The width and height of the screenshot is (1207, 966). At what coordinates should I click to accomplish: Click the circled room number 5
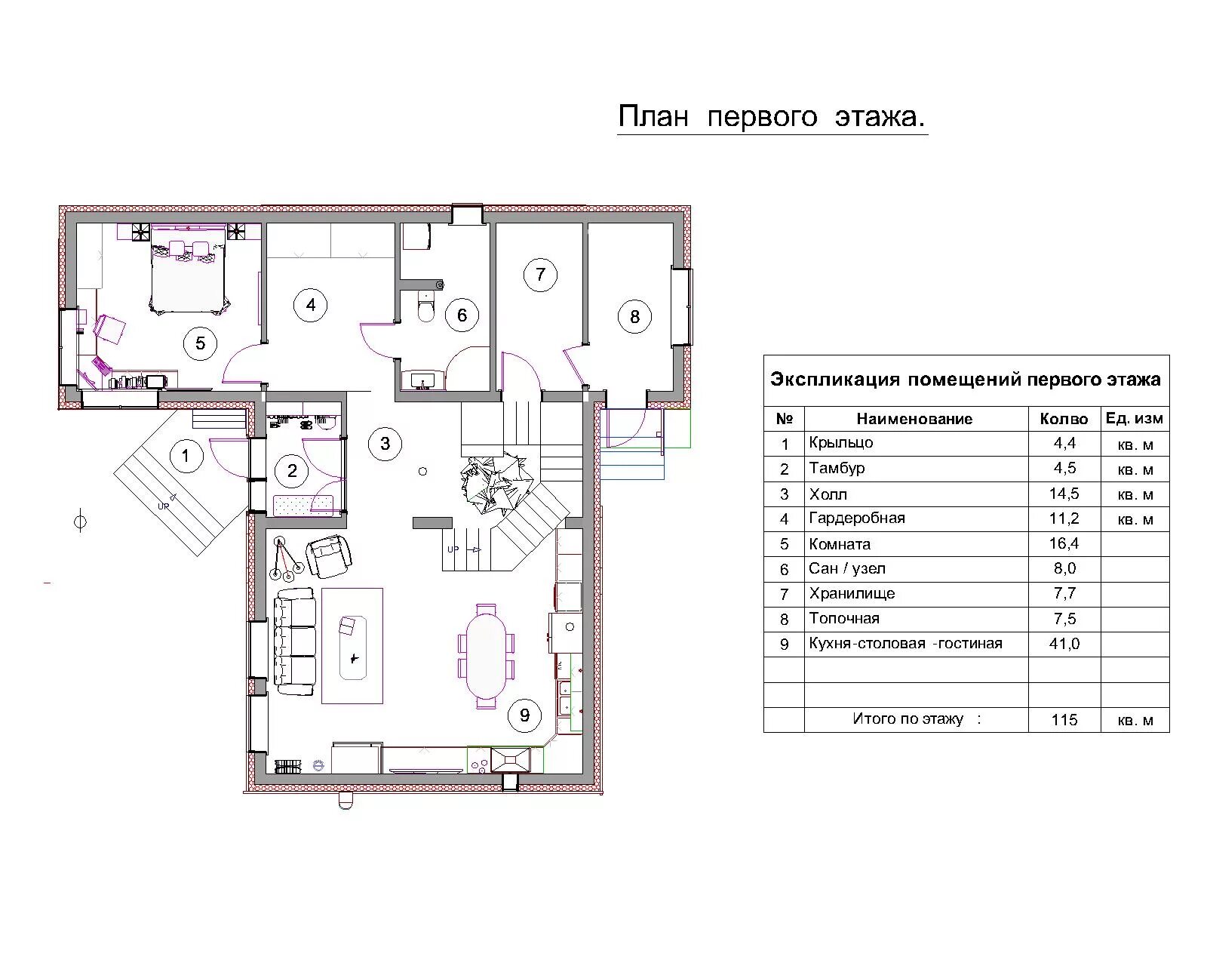tap(200, 343)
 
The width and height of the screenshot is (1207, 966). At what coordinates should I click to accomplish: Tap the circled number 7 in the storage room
tap(540, 275)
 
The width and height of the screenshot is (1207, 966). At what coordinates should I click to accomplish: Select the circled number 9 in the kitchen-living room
tap(524, 715)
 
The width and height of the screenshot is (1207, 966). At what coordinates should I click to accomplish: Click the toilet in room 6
tap(426, 306)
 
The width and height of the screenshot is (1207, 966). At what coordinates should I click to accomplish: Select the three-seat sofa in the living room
tap(294, 641)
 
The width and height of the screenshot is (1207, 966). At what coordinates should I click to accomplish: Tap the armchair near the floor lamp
tap(329, 555)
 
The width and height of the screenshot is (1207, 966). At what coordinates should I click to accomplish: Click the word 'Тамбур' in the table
tap(837, 468)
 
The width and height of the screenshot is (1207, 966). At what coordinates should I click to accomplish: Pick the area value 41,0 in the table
tap(1064, 644)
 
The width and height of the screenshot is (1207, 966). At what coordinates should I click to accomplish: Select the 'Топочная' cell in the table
tap(843, 619)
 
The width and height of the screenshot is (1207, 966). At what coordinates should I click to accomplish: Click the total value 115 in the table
tap(1064, 719)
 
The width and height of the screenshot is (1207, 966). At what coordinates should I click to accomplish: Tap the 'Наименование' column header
tap(914, 419)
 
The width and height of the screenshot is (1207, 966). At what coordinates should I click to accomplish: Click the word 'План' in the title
tap(653, 116)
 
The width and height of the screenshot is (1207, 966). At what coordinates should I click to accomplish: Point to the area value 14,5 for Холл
tap(1064, 494)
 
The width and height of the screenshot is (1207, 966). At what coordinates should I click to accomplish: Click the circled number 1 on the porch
tap(186, 456)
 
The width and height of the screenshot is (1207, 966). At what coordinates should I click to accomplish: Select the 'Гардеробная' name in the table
tap(856, 518)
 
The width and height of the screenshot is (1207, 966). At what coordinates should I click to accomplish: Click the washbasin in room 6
tap(422, 380)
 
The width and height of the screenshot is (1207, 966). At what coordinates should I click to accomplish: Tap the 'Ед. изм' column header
tap(1134, 418)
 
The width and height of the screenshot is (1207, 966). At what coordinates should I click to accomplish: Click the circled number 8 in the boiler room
tap(634, 316)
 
